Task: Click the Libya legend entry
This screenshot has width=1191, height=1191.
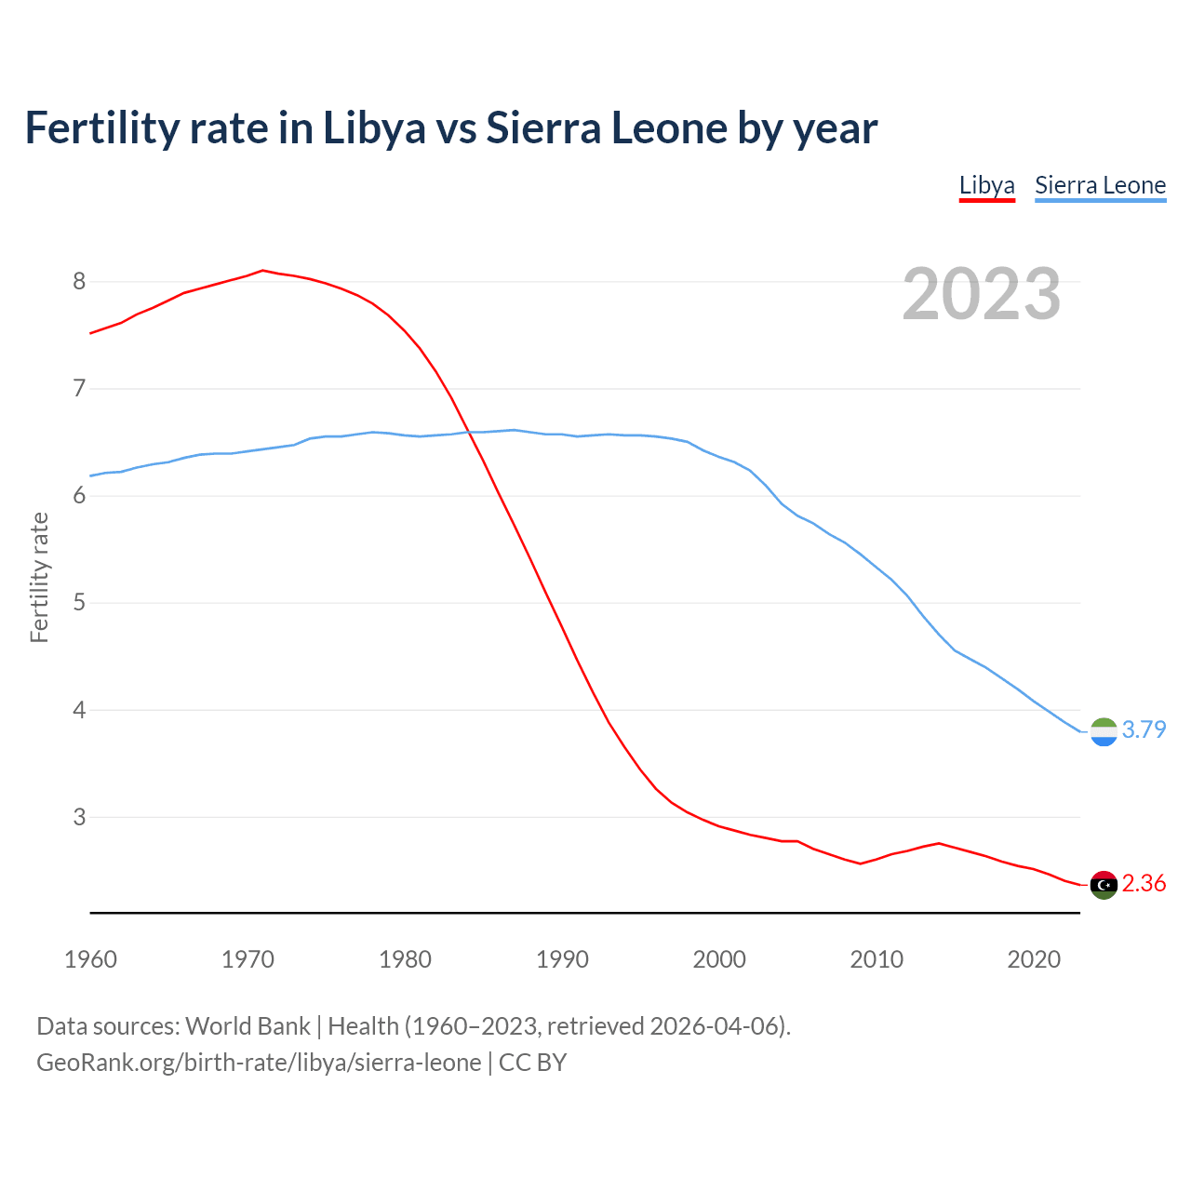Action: [986, 185]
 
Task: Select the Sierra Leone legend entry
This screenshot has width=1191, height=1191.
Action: [1100, 185]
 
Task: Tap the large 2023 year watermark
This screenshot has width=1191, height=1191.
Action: [981, 294]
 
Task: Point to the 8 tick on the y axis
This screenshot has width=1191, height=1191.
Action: [79, 281]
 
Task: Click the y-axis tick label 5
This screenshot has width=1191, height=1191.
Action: [79, 603]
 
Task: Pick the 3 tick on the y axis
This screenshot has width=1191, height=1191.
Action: [79, 817]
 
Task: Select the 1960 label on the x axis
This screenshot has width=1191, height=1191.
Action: [90, 959]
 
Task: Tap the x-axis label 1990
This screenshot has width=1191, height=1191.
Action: [562, 959]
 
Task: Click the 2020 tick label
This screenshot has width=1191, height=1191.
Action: [1034, 959]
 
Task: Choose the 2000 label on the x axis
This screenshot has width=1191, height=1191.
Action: [719, 959]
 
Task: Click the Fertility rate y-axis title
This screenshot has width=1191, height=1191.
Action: [39, 577]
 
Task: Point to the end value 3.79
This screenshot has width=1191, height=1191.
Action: [1144, 729]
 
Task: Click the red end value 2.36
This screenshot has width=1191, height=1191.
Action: [1144, 883]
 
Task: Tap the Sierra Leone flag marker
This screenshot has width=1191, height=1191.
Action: [1104, 732]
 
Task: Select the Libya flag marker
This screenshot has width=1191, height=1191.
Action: [1104, 885]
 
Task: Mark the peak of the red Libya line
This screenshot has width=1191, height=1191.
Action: [262, 271]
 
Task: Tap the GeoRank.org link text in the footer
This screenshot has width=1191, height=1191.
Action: [259, 1063]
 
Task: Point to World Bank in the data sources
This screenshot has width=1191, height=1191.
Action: [248, 1026]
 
